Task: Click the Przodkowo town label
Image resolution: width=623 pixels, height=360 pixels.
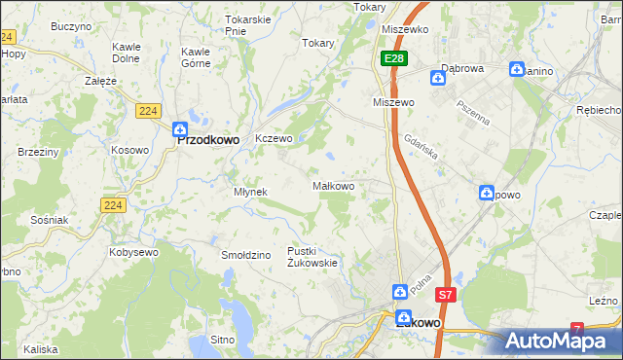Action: click(207, 139)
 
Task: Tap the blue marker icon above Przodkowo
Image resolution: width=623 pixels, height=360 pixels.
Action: click(180, 128)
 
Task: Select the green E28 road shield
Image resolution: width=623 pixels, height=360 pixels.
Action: click(392, 59)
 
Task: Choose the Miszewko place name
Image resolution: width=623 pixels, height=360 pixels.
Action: click(406, 29)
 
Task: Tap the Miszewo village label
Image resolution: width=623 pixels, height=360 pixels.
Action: click(394, 102)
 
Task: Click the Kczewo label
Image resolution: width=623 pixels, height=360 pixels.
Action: click(274, 139)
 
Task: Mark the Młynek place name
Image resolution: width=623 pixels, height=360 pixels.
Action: click(250, 192)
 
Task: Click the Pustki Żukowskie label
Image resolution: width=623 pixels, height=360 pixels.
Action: click(312, 257)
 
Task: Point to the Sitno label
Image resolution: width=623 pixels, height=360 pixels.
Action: click(223, 341)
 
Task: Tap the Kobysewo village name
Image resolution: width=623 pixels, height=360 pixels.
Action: click(135, 252)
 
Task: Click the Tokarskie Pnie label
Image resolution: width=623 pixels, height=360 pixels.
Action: click(247, 25)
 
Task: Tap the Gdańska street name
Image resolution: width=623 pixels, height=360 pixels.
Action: click(424, 143)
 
